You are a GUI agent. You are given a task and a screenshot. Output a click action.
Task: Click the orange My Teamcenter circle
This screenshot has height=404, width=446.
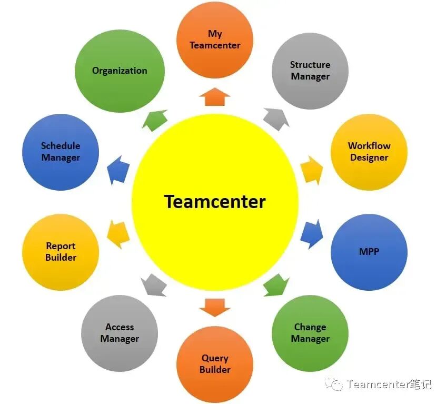(215, 40)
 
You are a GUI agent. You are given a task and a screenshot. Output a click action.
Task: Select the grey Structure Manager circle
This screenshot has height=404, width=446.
(310, 71)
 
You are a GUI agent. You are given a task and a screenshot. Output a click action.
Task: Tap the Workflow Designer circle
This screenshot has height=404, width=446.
(369, 152)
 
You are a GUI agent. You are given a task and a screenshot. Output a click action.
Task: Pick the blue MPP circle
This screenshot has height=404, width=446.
(369, 252)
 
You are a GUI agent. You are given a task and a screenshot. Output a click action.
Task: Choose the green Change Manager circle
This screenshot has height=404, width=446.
(310, 333)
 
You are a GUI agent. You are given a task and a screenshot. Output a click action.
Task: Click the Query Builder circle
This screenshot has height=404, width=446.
(215, 364)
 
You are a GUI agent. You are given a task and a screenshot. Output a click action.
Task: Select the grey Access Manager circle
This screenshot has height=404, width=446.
(120, 333)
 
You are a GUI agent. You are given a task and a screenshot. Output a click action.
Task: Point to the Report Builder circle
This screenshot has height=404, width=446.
(61, 252)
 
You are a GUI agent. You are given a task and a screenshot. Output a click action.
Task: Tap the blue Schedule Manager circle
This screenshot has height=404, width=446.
(61, 152)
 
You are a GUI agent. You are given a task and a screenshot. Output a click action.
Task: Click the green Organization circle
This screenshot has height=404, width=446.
(120, 71)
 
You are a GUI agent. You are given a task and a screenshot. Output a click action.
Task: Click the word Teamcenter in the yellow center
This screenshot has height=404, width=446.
(215, 201)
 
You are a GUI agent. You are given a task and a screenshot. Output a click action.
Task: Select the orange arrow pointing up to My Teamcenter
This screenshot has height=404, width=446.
(215, 98)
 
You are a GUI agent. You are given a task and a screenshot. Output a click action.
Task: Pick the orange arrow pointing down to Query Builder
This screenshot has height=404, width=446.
(215, 307)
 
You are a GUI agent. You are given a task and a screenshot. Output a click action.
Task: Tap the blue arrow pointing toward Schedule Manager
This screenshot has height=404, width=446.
(118, 170)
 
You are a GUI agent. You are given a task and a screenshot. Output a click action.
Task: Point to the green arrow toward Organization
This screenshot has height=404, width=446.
(154, 120)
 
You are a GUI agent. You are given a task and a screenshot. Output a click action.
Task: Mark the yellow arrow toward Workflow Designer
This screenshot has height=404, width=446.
(312, 169)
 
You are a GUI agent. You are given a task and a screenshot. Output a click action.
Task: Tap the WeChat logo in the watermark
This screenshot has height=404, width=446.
(333, 384)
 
